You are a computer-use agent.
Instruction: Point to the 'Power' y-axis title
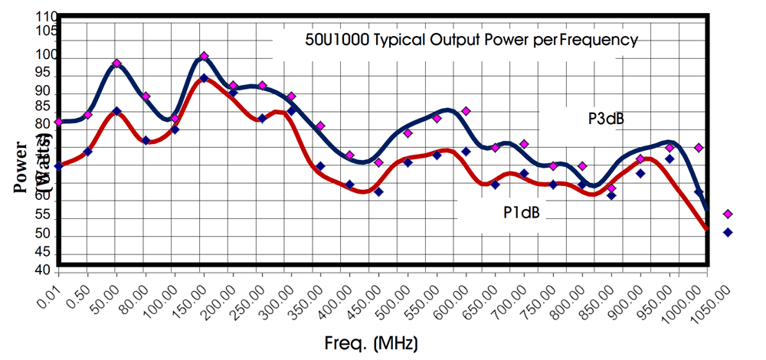[24, 165]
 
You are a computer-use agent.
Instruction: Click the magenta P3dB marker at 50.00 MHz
[116, 63]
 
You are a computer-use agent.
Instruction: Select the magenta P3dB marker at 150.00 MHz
[204, 56]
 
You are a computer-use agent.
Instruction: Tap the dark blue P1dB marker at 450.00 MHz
[378, 191]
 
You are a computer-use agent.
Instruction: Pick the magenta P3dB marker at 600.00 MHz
[466, 111]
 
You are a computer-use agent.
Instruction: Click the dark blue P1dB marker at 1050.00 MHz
[728, 232]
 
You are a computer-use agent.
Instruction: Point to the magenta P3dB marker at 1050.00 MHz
[728, 214]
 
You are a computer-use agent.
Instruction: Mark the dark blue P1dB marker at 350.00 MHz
[320, 166]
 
